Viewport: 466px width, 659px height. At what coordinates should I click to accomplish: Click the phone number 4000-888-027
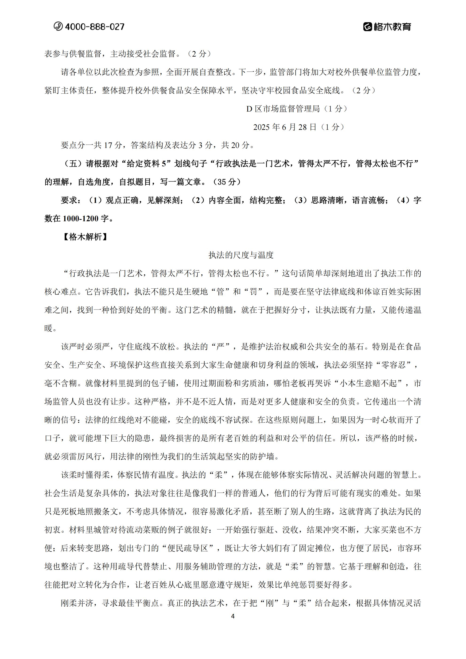(94, 27)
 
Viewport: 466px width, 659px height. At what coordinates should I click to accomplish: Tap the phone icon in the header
(58, 26)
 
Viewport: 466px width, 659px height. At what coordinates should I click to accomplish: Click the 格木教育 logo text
(392, 27)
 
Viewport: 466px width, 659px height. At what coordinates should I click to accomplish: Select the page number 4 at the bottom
(233, 616)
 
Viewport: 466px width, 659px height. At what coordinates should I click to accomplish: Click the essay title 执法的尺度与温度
(241, 255)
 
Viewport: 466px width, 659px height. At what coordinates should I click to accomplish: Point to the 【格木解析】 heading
(85, 237)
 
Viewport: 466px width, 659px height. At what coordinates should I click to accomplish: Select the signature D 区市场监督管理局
(283, 109)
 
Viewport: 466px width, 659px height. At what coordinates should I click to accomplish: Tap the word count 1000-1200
(81, 218)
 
